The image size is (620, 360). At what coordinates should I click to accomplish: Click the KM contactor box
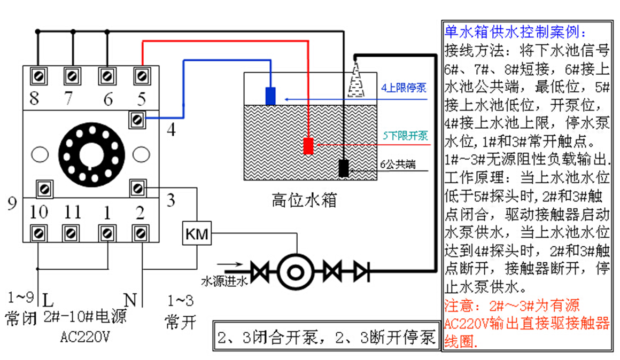(197, 233)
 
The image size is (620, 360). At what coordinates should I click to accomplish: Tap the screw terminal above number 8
(38, 76)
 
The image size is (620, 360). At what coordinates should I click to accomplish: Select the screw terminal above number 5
(142, 76)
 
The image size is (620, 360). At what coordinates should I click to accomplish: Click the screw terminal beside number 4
(137, 120)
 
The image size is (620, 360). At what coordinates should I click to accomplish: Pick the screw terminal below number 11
(71, 233)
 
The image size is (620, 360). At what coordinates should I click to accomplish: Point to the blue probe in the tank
(270, 96)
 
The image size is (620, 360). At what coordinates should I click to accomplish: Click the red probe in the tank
(308, 146)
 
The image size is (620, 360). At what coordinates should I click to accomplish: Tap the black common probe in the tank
(344, 168)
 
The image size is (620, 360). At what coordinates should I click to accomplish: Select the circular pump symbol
(296, 272)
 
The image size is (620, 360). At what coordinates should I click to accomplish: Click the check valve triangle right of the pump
(361, 272)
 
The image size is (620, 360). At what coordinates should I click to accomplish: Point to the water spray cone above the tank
(356, 79)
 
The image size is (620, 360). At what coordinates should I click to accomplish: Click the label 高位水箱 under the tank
(304, 200)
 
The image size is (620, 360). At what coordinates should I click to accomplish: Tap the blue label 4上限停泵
(404, 88)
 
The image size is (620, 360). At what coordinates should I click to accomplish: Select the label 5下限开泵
(405, 136)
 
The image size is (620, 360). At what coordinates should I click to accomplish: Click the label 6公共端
(398, 164)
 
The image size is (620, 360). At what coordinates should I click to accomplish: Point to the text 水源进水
(224, 281)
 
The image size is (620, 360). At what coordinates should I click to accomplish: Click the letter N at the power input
(130, 300)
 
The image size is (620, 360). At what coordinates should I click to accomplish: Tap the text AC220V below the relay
(85, 337)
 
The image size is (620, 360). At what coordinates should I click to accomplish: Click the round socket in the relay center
(92, 154)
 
